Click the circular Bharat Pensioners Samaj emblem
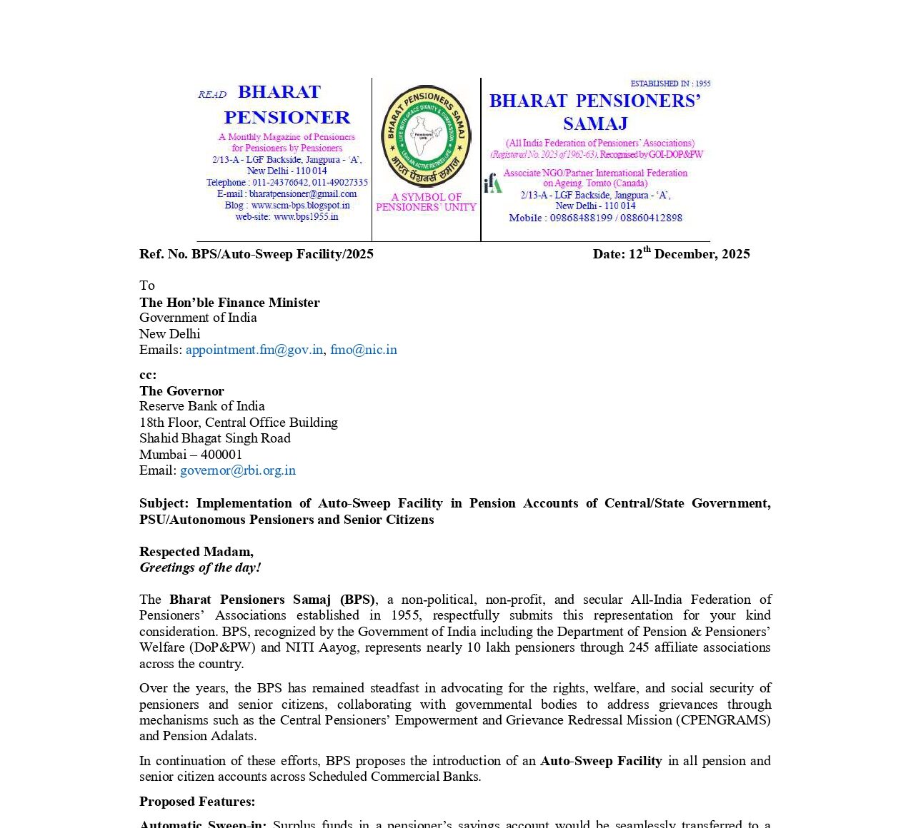[426, 136]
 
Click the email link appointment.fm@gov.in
[254, 350]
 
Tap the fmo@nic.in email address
[364, 350]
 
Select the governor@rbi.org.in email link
[238, 470]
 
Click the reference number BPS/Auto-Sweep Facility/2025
[282, 254]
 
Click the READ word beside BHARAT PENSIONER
[212, 95]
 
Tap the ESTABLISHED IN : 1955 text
[670, 84]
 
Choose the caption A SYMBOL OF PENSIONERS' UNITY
[426, 202]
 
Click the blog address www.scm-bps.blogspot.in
[301, 206]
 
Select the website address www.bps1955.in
[306, 216]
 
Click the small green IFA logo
[493, 183]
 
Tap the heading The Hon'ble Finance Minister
[229, 303]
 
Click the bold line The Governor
[181, 391]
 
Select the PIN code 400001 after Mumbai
[221, 455]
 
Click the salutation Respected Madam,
[196, 552]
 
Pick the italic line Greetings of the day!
[200, 567]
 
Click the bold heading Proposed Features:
[197, 802]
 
